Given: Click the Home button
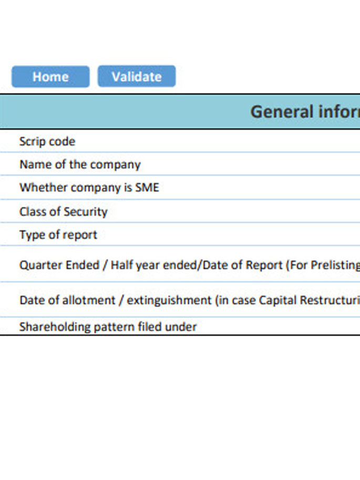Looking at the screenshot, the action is pos(50,77).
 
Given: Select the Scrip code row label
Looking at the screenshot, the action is pos(47,141).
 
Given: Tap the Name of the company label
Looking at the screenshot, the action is pos(80,165).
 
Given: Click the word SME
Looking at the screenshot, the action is pos(147,187).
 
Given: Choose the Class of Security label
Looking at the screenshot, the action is pos(64,211).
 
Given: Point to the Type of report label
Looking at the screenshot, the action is pos(58,235).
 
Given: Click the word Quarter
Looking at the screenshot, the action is pos(39,265).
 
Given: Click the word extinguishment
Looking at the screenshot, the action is pos(169,300).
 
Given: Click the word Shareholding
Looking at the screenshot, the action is pos(55,327).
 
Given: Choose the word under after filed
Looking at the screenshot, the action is pos(181,327).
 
